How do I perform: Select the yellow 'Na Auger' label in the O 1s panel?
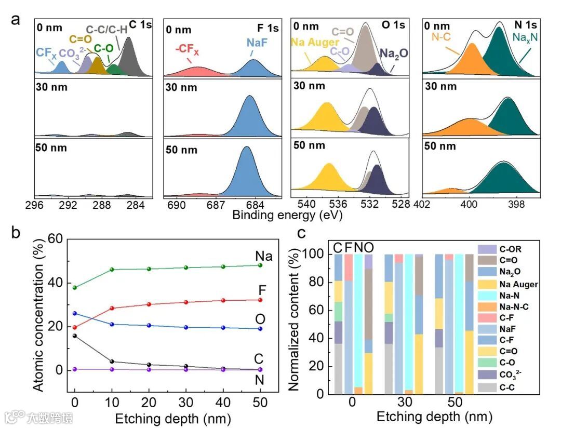click(315, 42)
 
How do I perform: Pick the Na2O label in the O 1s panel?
click(393, 53)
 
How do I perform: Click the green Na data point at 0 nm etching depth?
click(75, 287)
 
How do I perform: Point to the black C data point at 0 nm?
click(75, 336)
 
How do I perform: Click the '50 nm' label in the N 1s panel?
click(440, 146)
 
